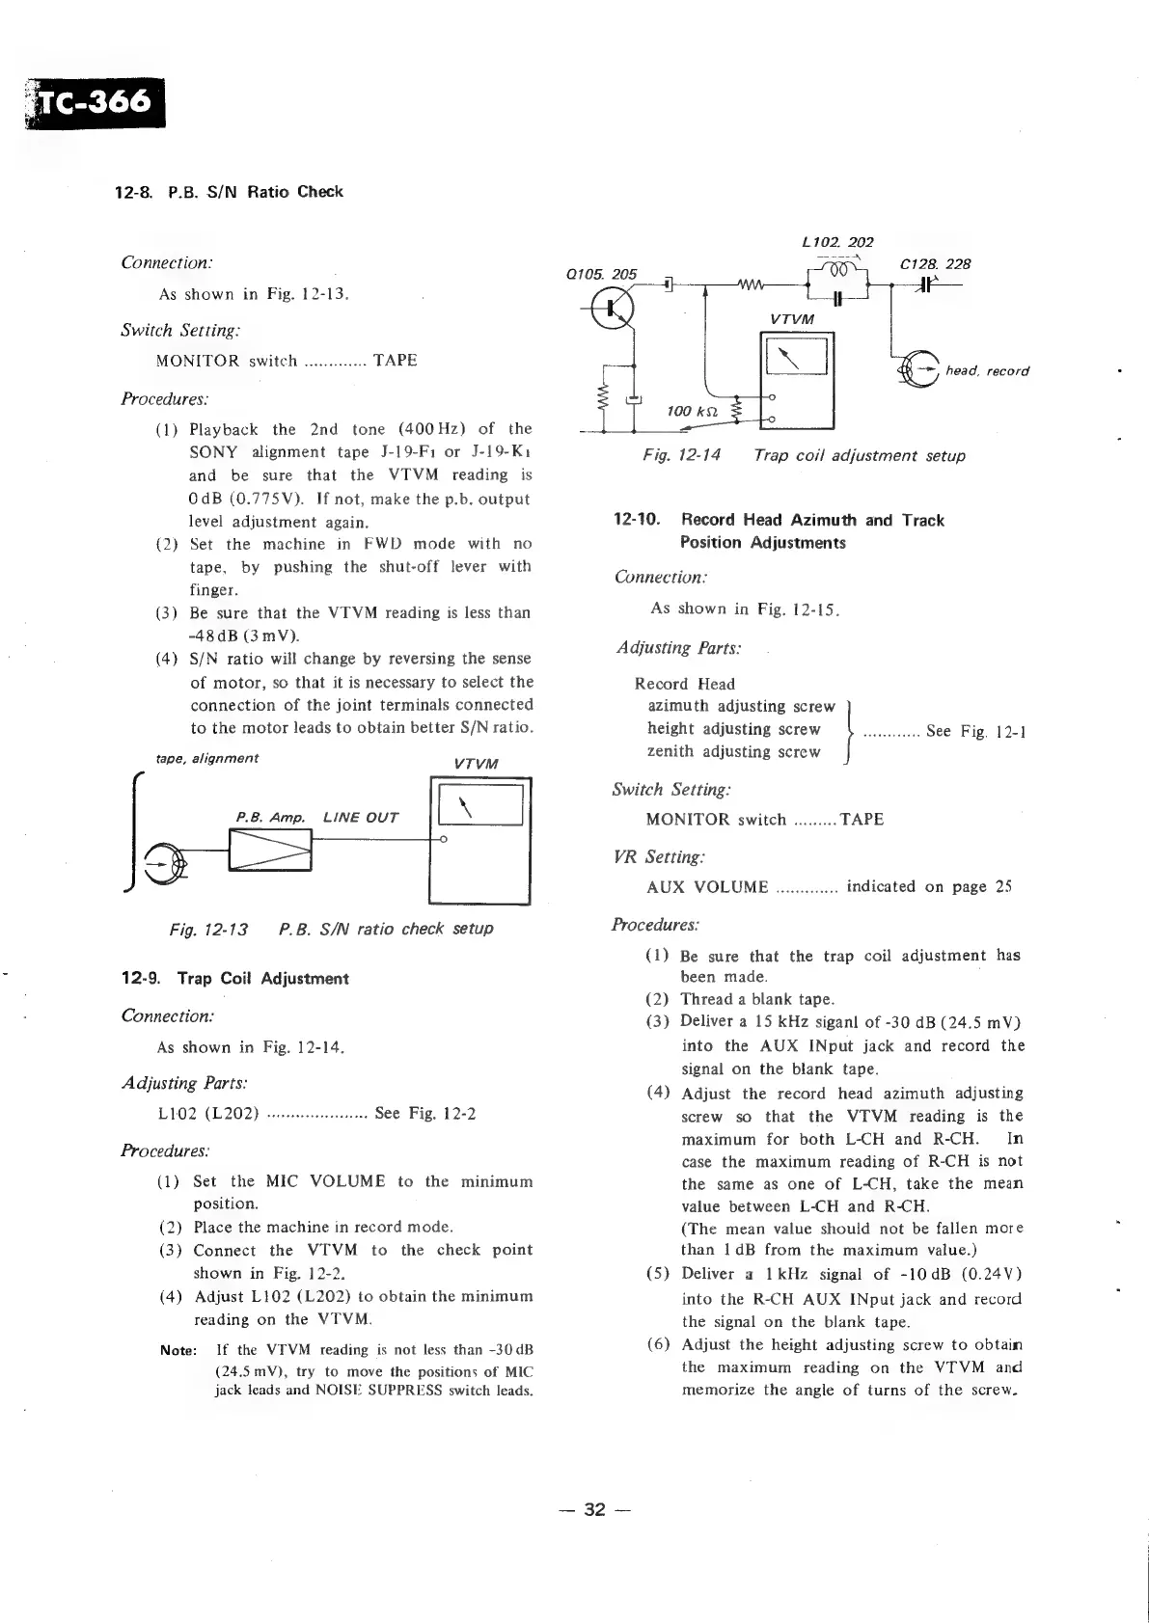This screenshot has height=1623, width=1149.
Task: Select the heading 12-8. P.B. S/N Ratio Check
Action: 229,191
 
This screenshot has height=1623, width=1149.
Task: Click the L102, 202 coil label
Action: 836,242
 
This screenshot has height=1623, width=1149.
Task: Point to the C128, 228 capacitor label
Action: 935,263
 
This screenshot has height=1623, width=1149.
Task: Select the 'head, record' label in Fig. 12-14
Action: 987,370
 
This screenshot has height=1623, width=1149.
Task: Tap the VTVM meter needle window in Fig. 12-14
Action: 796,358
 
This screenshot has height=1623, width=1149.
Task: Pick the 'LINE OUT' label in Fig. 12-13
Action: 360,818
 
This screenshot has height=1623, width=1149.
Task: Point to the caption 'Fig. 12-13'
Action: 207,929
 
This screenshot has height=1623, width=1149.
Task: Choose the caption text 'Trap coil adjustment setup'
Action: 859,455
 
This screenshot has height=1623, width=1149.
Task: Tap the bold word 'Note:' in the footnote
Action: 178,1350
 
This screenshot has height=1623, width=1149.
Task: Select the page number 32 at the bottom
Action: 595,1509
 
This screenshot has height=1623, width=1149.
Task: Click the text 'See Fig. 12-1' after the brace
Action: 974,731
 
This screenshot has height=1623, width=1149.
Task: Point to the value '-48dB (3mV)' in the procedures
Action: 245,636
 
